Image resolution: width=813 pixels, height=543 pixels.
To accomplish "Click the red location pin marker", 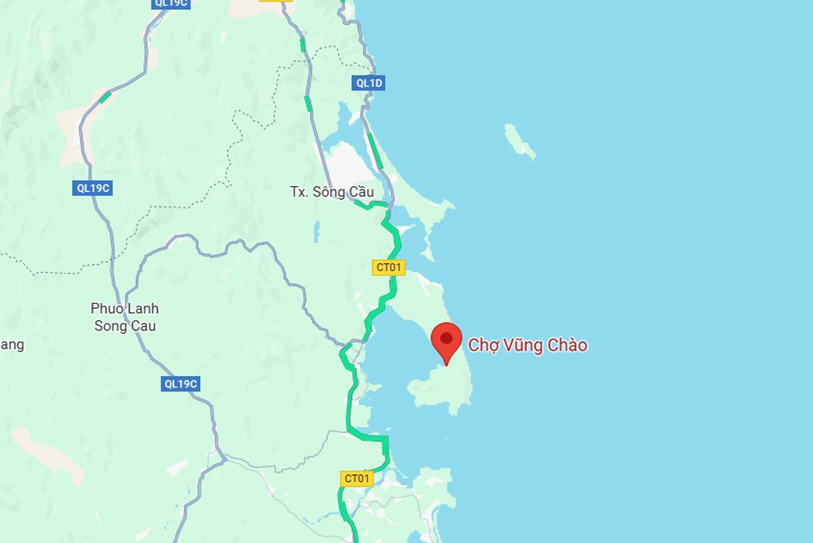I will pyautogui.click(x=446, y=341).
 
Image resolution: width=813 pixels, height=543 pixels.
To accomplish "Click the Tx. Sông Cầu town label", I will pyautogui.click(x=332, y=192).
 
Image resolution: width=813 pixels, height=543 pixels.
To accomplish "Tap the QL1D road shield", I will pyautogui.click(x=368, y=83).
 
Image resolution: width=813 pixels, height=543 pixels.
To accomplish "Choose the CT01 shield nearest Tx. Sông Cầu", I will pyautogui.click(x=388, y=267).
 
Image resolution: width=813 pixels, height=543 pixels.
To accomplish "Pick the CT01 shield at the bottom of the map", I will pyautogui.click(x=357, y=479).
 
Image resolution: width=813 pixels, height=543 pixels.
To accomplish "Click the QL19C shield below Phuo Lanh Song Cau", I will pyautogui.click(x=180, y=384).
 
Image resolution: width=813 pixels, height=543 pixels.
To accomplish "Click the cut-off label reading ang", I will pyautogui.click(x=12, y=345).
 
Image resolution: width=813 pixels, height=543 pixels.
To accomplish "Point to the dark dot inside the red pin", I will pyautogui.click(x=446, y=338).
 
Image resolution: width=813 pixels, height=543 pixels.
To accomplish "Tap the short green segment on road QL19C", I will pyautogui.click(x=105, y=97).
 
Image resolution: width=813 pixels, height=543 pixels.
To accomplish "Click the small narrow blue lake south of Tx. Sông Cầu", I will pyautogui.click(x=317, y=232).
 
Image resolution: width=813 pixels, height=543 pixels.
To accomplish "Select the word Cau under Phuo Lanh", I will pyautogui.click(x=144, y=326).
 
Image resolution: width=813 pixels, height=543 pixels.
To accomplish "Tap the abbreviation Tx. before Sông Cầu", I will pyautogui.click(x=299, y=192).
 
